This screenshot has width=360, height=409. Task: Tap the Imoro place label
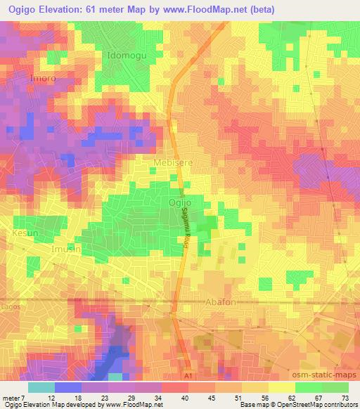tap(42, 79)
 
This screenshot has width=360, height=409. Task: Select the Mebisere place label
tap(173, 162)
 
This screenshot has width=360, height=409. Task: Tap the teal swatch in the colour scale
tap(41, 388)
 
